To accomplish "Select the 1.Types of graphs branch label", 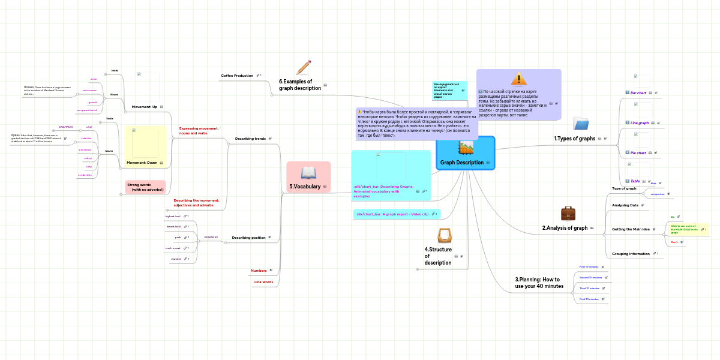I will [x=574, y=139].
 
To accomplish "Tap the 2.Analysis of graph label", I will [x=565, y=228].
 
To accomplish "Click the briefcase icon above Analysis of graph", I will [x=568, y=214].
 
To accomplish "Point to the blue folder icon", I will [x=581, y=124].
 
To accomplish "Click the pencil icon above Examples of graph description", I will [x=304, y=67].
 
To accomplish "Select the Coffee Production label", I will [x=237, y=76].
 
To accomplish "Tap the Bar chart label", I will [x=638, y=93].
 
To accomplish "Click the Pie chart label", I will [x=638, y=153].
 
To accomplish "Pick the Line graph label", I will [x=639, y=123].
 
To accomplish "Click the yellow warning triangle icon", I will [x=518, y=79].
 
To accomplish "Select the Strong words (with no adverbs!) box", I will [x=145, y=187].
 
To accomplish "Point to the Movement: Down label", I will [x=142, y=163].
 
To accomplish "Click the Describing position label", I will [x=248, y=238].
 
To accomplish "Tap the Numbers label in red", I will [x=258, y=271].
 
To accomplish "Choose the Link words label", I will [x=263, y=282].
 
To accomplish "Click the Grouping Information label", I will [x=631, y=254].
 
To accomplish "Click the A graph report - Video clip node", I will [x=392, y=214].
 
